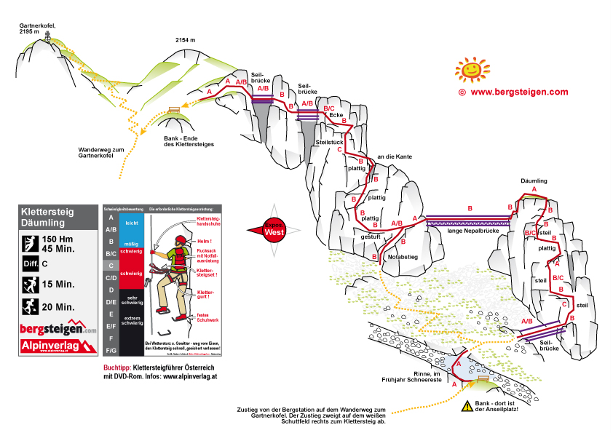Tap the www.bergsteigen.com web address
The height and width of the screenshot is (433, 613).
pyautogui.click(x=518, y=92)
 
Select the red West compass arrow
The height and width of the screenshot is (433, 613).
pyautogui.click(x=266, y=229)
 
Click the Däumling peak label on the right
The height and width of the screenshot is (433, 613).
pyautogui.click(x=534, y=180)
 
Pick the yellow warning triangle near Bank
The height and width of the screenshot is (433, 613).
pyautogui.click(x=467, y=408)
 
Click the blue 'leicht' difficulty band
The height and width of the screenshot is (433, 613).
pyautogui.click(x=132, y=223)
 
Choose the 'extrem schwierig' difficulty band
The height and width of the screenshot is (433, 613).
pyautogui.click(x=132, y=322)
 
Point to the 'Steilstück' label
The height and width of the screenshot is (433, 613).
pyautogui.click(x=330, y=142)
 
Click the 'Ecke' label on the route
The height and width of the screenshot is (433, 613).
pyautogui.click(x=336, y=115)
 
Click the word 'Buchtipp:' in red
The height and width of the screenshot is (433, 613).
pyautogui.click(x=118, y=369)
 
